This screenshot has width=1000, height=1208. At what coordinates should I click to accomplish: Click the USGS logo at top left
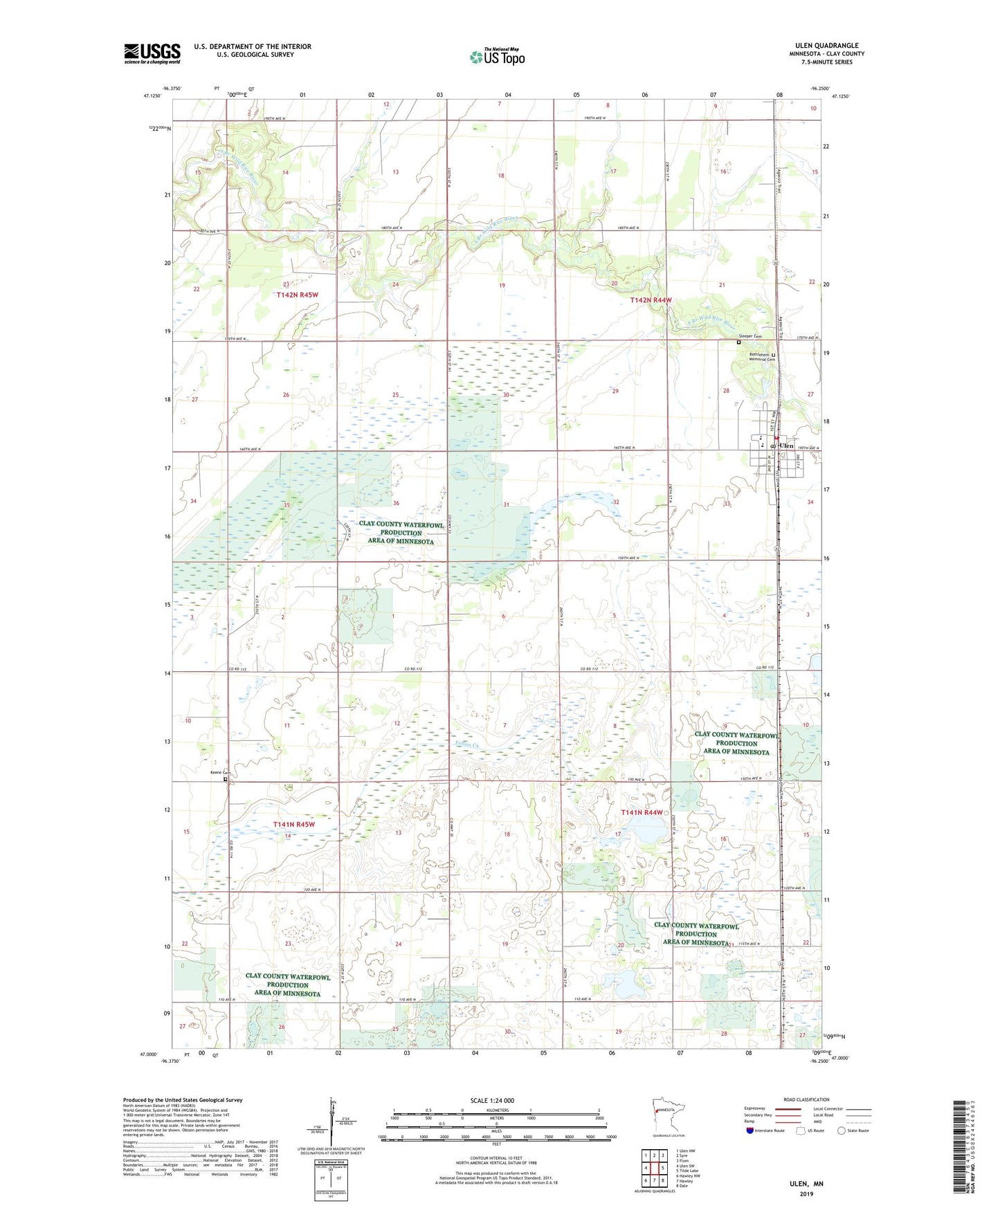[152, 53]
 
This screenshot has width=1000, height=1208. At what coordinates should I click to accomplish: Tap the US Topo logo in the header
[497, 57]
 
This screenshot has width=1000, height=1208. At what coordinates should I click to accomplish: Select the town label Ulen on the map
[787, 446]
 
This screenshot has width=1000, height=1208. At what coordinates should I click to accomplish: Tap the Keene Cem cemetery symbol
[226, 779]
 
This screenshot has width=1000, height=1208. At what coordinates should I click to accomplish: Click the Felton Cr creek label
[468, 744]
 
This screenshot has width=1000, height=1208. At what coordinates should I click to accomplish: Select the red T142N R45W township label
[297, 295]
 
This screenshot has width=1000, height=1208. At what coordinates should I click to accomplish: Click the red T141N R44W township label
[642, 812]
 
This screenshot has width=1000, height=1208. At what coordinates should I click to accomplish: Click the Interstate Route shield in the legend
[750, 1131]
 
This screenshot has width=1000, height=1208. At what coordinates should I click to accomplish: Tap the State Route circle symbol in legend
[842, 1131]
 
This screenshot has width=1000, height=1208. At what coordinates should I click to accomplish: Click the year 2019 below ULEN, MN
[806, 1193]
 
